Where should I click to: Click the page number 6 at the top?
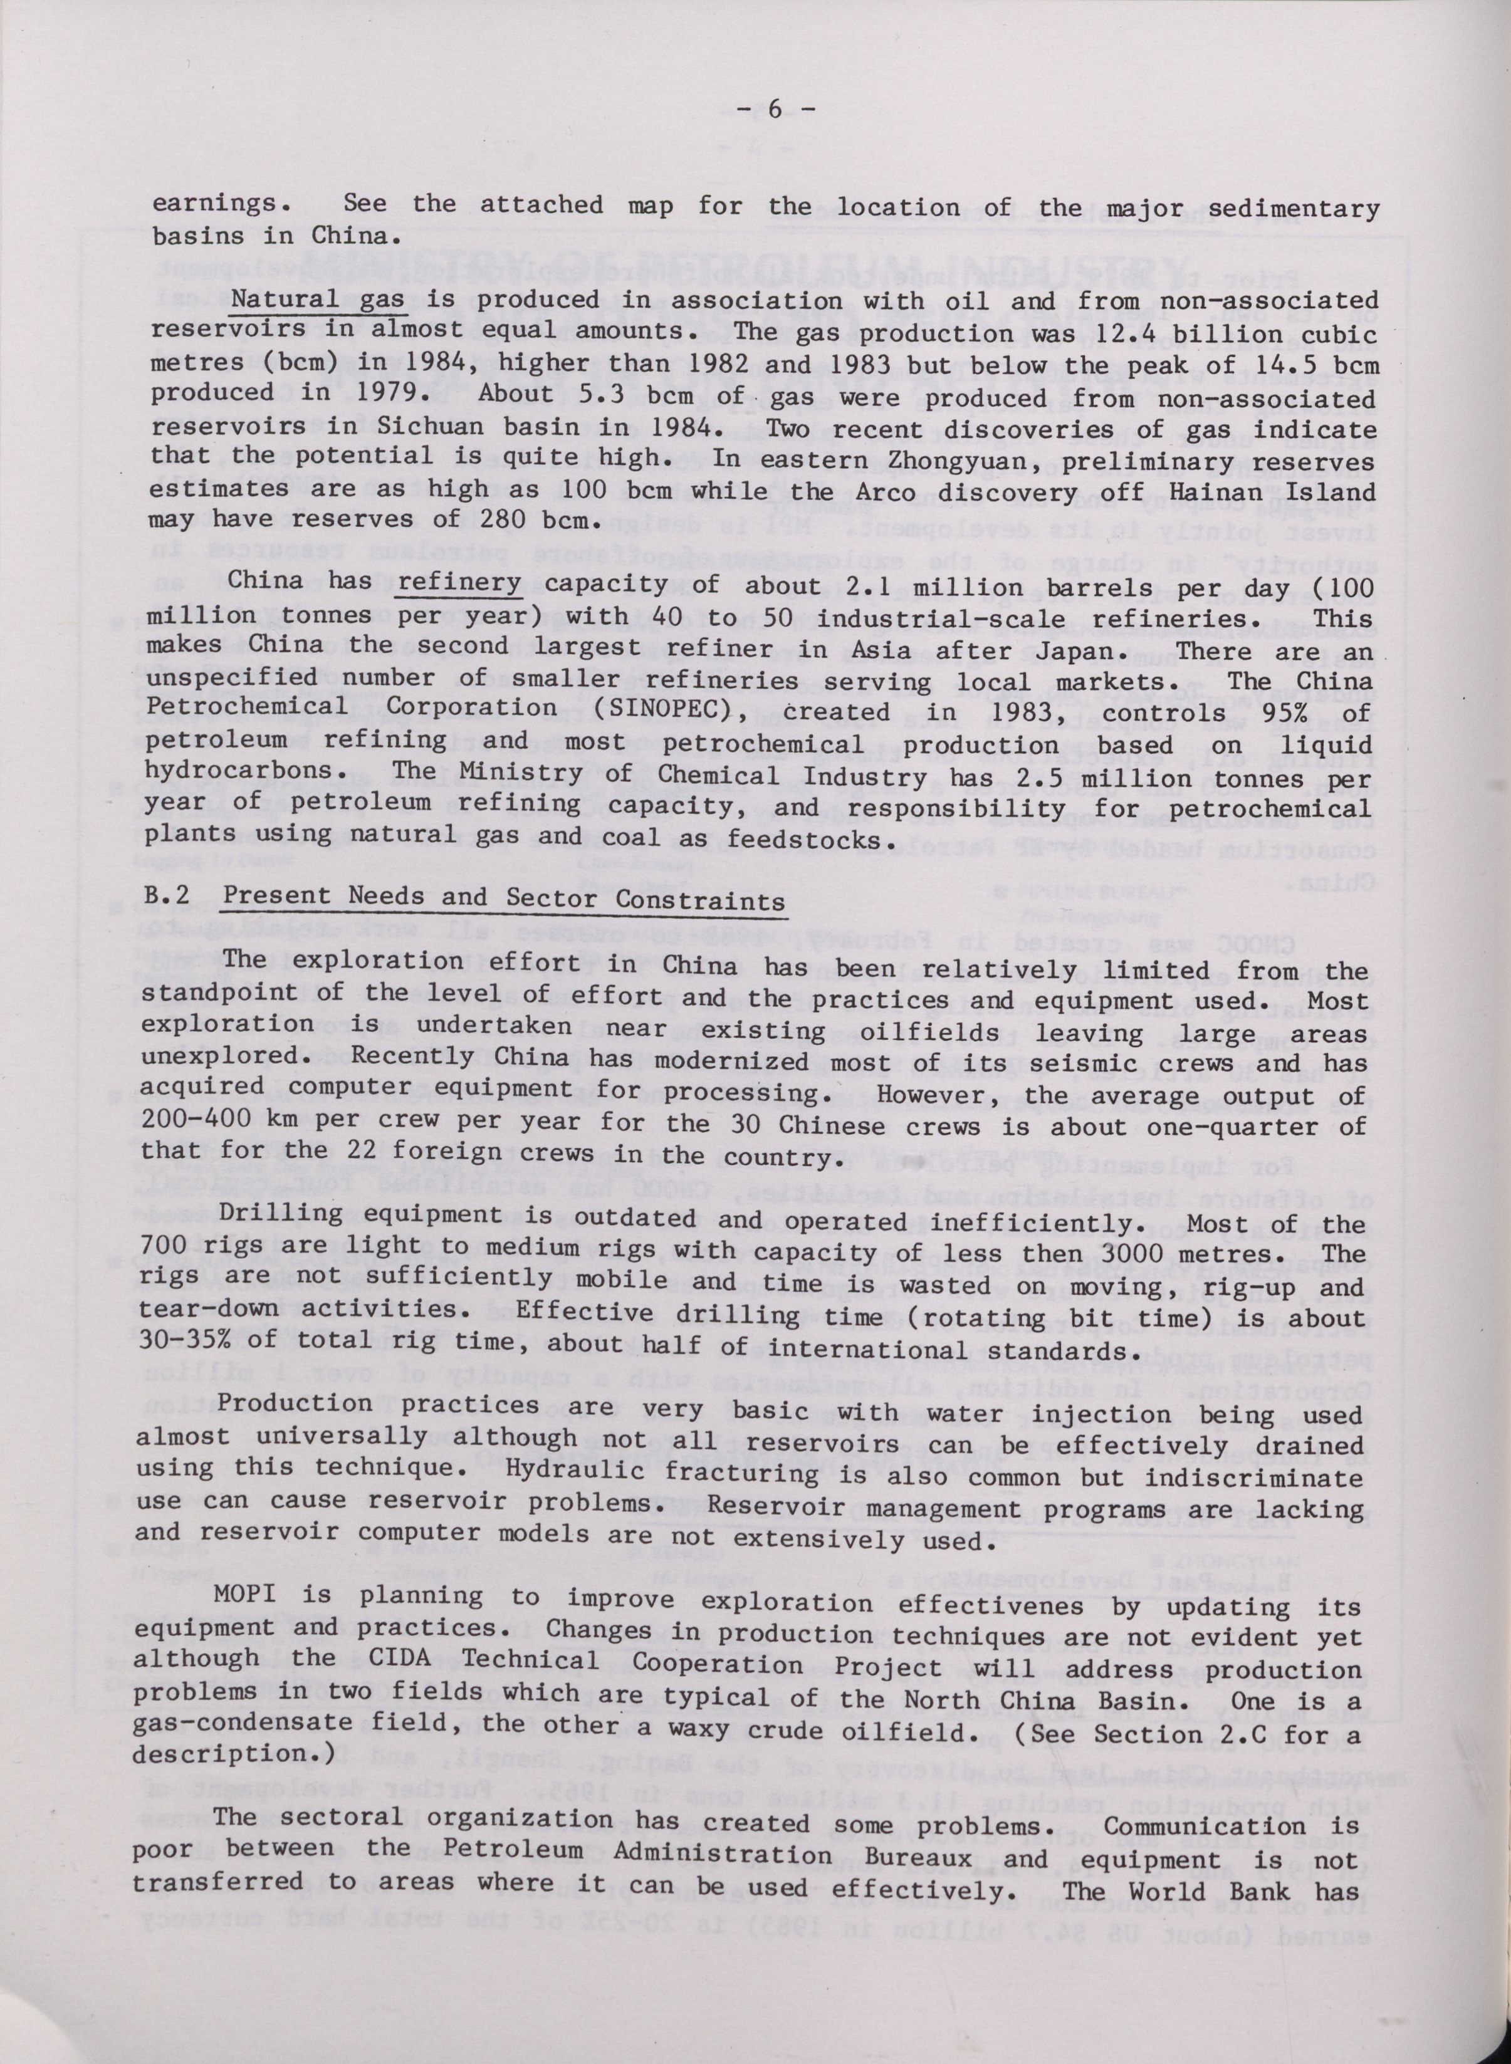click(x=772, y=110)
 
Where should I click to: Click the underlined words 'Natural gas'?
click(x=305, y=301)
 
